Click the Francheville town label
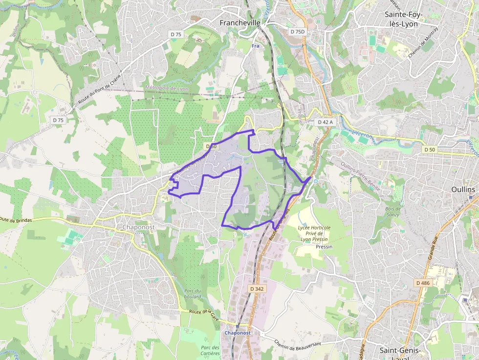(239, 22)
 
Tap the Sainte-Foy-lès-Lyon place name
(404, 19)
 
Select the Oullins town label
(463, 189)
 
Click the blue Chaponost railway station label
(238, 333)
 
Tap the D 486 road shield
(422, 283)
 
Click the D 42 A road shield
(325, 122)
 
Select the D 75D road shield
(297, 32)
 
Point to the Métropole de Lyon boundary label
(167, 88)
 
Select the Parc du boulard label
(193, 294)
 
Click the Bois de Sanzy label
(390, 212)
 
